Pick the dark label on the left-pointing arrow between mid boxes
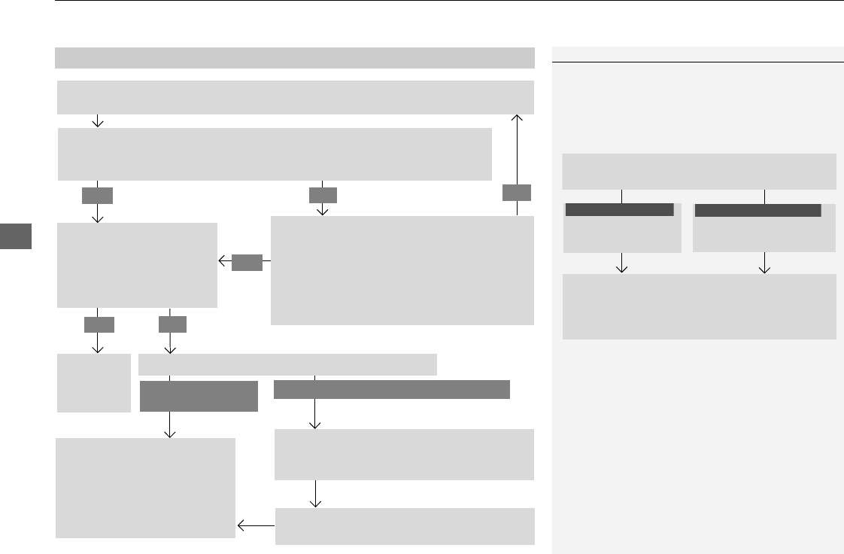click(247, 262)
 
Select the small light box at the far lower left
click(94, 383)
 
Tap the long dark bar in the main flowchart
click(391, 389)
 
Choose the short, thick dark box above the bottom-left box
click(199, 396)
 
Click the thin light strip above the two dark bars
click(287, 364)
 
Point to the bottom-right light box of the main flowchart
click(405, 526)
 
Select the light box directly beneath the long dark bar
click(405, 454)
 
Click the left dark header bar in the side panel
click(619, 210)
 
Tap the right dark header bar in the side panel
click(757, 210)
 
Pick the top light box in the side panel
click(699, 172)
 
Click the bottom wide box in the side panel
click(699, 306)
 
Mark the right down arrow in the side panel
click(765, 263)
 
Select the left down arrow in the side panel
click(623, 263)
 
